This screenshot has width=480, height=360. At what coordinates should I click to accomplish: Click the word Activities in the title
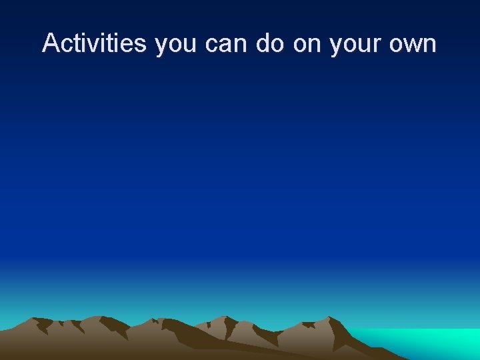(x=95, y=43)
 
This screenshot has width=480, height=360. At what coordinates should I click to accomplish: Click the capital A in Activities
(x=51, y=43)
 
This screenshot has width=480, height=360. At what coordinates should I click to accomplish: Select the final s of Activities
(x=141, y=45)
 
